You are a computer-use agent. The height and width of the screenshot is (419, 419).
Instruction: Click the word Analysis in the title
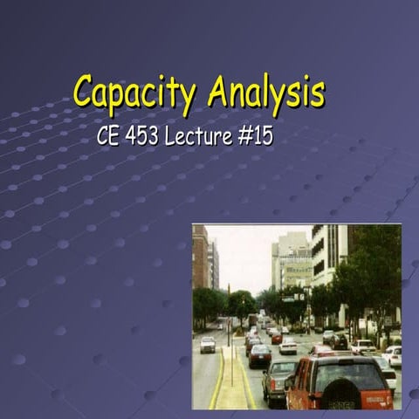(x=266, y=91)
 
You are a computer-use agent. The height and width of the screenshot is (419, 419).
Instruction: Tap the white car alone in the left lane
(x=208, y=345)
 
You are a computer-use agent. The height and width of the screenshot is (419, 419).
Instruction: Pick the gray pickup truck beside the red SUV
(x=278, y=378)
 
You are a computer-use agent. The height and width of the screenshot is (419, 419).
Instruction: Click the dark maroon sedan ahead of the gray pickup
(x=259, y=354)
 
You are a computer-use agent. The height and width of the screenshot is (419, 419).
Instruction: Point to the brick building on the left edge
(x=200, y=258)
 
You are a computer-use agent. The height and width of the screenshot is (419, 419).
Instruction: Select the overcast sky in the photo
(x=244, y=249)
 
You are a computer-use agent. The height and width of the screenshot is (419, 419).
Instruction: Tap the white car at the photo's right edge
(x=394, y=355)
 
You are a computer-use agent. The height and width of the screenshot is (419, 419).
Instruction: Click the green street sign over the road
(x=288, y=299)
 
